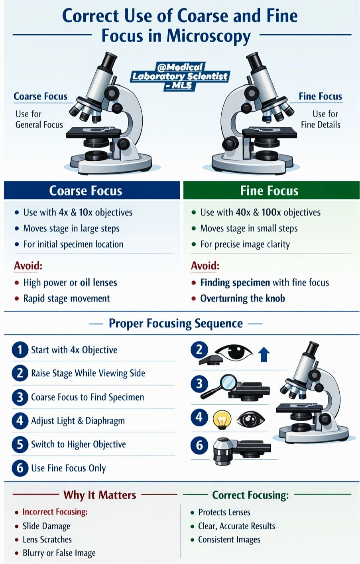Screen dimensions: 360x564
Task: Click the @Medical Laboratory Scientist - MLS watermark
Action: (x=180, y=76)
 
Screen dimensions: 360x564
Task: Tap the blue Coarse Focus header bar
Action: (x=92, y=190)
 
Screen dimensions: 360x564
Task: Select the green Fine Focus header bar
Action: (x=271, y=190)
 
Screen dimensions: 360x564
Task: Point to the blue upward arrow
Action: (x=264, y=354)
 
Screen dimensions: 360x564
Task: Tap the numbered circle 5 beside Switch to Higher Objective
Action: (x=20, y=444)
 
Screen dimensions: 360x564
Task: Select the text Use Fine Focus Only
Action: (x=69, y=468)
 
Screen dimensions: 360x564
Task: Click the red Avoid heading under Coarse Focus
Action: (x=28, y=266)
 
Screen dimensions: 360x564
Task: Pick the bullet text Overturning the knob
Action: (x=242, y=298)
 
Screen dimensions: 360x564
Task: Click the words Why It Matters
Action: (x=100, y=495)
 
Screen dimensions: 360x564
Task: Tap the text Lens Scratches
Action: (x=47, y=540)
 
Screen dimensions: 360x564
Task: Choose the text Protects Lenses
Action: (x=224, y=512)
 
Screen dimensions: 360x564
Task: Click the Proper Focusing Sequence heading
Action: (x=176, y=323)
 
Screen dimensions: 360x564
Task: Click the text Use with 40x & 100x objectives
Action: (x=260, y=213)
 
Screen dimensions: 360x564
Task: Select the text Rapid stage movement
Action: (x=67, y=299)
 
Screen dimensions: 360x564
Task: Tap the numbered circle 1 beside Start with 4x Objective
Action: (x=20, y=350)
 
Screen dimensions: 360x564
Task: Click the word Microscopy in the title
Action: (x=209, y=36)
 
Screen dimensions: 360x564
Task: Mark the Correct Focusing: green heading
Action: (x=250, y=495)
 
